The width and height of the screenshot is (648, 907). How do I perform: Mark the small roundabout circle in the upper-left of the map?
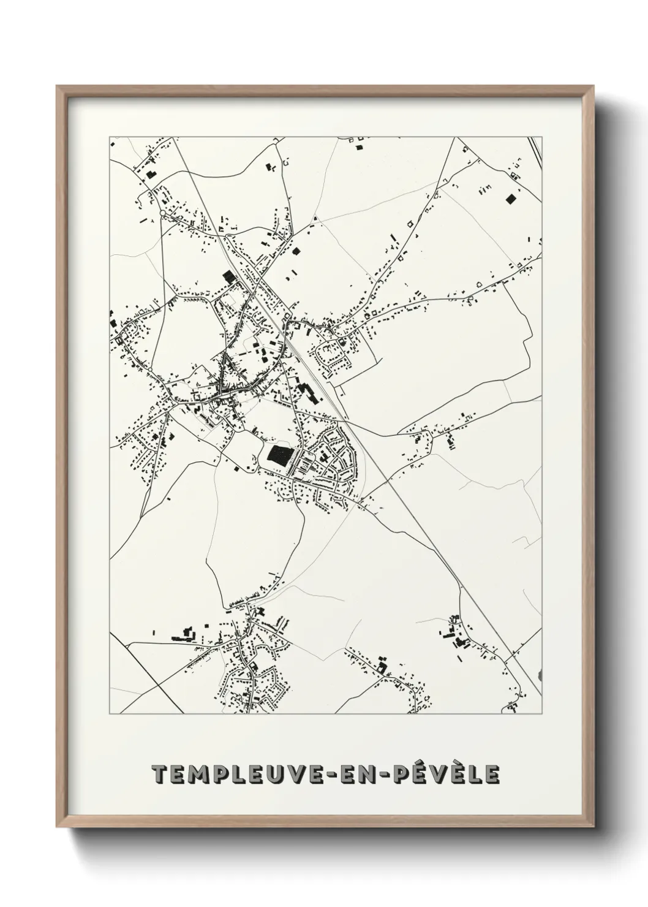pos(162,213)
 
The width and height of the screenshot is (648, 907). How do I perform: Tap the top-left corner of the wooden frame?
pos(58,88)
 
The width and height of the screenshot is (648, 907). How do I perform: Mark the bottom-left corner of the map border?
pos(110,714)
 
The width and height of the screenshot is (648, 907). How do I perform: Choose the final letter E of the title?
pos(492,775)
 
